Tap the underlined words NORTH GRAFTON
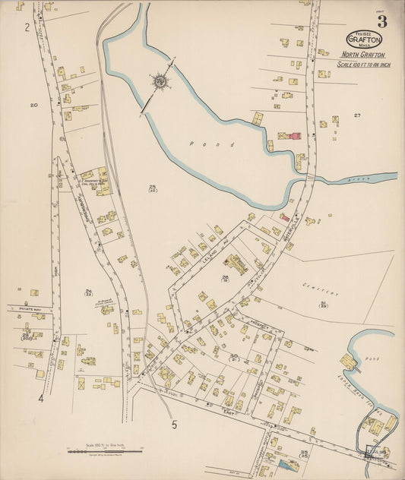click(362, 55)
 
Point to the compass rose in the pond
click(160, 81)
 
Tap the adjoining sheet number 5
click(174, 425)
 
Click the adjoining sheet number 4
click(41, 397)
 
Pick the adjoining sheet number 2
click(27, 28)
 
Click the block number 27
click(356, 115)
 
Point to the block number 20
click(33, 105)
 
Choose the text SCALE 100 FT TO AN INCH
click(362, 63)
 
